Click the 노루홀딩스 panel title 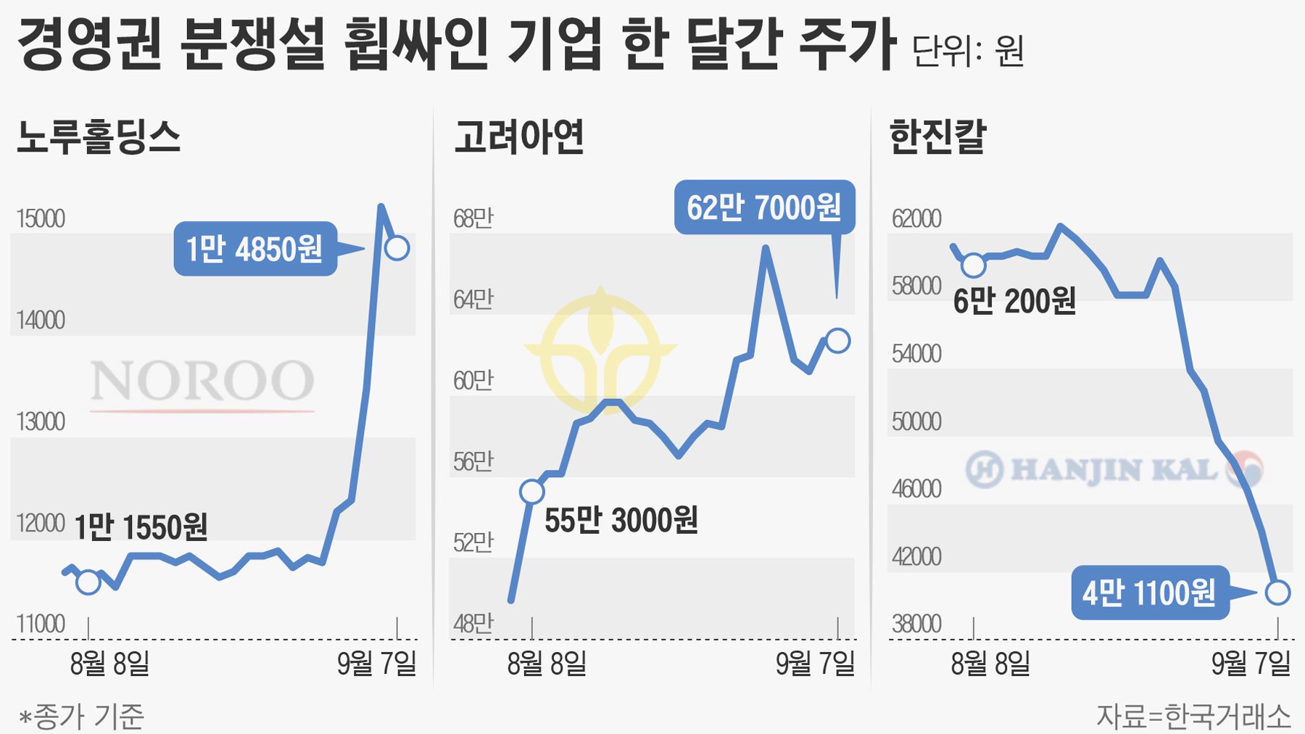coord(99,136)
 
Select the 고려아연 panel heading coord(519,136)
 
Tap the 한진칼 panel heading coord(937,136)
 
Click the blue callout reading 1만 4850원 coord(255,249)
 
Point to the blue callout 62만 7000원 coord(764,207)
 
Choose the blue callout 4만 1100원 coord(1150,593)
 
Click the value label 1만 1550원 coord(141,527)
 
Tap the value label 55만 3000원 coord(621,520)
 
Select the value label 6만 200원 coord(1014,300)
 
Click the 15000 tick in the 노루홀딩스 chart coord(41,218)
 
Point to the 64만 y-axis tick coord(473,299)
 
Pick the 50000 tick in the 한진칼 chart coord(916,421)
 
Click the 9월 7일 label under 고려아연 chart coord(815,663)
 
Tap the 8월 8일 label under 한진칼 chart coord(990,663)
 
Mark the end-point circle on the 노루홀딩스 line coord(397,248)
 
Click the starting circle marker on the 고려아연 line coord(532,491)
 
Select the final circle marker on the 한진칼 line coord(1277,593)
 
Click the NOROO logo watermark coord(202,382)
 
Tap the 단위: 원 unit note coord(968,51)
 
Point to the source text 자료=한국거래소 coord(1193,717)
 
